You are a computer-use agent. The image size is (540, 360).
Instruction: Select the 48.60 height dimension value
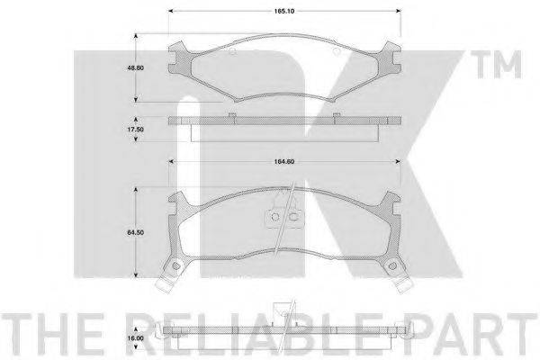(x=136, y=67)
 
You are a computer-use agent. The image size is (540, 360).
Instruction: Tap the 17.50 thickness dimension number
(x=136, y=130)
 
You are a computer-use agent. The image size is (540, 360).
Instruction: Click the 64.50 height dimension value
(x=136, y=232)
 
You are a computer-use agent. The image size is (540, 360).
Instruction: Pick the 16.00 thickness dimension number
(x=136, y=338)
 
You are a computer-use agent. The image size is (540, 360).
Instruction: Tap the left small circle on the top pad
(x=232, y=51)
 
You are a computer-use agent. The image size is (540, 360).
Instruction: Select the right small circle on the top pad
(x=337, y=51)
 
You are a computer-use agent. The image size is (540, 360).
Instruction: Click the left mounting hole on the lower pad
(x=176, y=265)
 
